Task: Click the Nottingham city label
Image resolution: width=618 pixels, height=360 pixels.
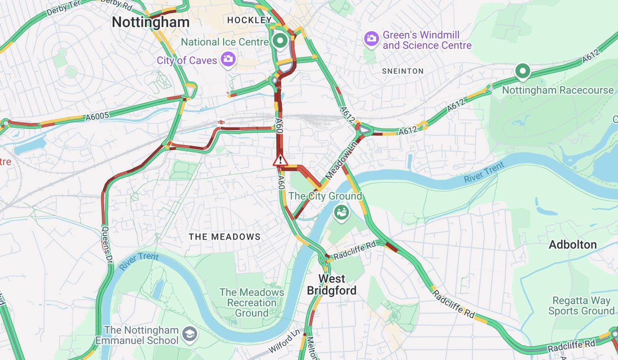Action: [150, 22]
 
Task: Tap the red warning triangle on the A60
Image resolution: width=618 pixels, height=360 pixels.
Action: [280, 160]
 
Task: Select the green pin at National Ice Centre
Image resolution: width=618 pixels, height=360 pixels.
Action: [280, 40]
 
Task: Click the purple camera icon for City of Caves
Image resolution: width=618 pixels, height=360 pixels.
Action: [228, 59]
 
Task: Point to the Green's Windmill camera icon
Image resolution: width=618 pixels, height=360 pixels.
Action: [371, 39]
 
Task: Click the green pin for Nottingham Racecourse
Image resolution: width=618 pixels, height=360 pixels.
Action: [522, 71]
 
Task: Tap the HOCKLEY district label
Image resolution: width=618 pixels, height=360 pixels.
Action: [249, 20]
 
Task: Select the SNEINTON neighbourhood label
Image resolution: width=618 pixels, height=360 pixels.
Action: [403, 71]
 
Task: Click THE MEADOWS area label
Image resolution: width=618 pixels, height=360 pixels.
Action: [225, 237]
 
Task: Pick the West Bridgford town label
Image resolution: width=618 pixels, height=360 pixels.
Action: [332, 284]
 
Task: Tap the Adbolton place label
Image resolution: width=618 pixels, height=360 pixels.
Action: [573, 245]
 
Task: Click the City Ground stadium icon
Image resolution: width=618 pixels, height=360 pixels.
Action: [341, 212]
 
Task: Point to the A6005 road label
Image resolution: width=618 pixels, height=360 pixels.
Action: [97, 117]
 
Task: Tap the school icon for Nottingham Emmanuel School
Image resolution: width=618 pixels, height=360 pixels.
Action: [190, 334]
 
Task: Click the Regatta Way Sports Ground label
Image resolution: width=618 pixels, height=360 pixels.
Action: [581, 306]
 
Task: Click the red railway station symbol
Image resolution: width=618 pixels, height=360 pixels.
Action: [220, 122]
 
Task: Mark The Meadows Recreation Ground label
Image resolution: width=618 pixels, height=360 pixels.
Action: [251, 302]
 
